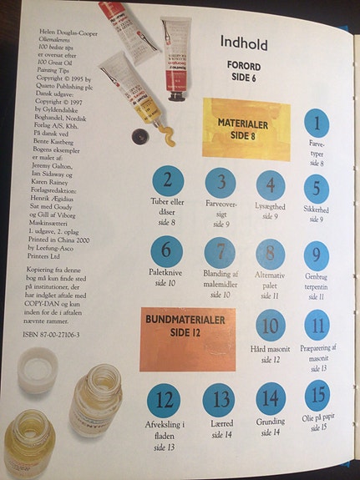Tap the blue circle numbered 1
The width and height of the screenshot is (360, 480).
[316, 125]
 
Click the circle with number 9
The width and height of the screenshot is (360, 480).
[316, 255]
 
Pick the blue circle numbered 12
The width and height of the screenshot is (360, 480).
[165, 400]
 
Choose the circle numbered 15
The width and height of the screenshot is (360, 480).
[317, 395]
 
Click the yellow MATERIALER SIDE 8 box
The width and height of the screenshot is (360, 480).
[247, 127]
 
